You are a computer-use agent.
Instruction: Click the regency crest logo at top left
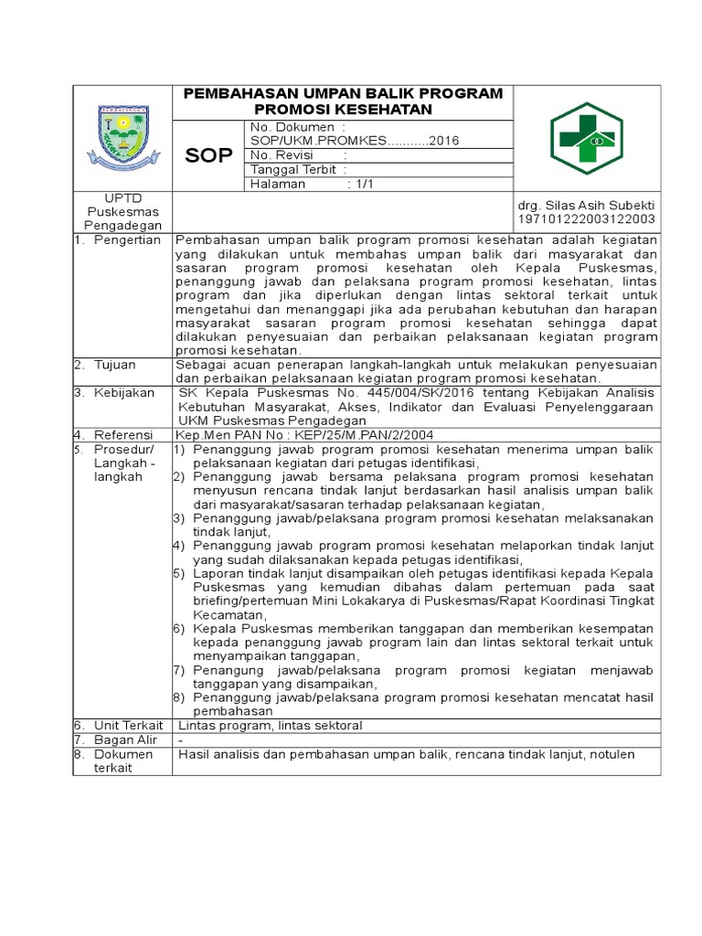click(x=122, y=138)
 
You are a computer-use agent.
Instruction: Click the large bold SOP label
click(x=209, y=156)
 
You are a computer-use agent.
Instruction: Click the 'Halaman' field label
click(x=279, y=184)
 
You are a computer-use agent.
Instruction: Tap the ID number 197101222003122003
click(x=586, y=219)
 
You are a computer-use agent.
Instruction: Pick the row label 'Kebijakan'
click(x=122, y=392)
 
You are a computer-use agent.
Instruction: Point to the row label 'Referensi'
click(x=122, y=435)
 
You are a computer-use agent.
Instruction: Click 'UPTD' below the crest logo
click(x=122, y=197)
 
